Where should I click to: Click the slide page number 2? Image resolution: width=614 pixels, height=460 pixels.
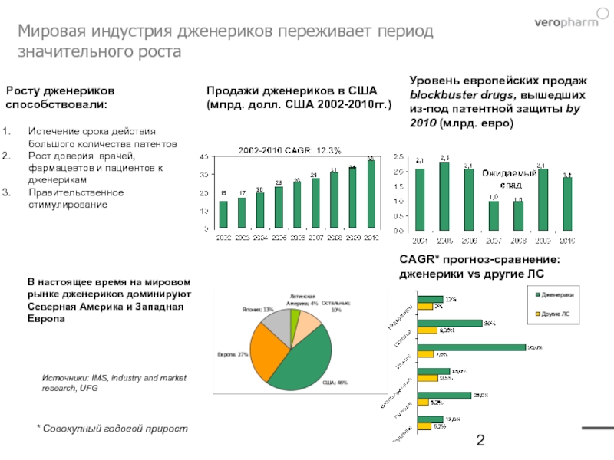pyautogui.click(x=481, y=440)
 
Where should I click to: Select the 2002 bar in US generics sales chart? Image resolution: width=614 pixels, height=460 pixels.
pyautogui.click(x=223, y=215)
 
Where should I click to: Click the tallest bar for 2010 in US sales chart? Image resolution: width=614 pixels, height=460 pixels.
pyautogui.click(x=371, y=195)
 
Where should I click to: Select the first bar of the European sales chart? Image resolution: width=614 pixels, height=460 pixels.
pyautogui.click(x=420, y=199)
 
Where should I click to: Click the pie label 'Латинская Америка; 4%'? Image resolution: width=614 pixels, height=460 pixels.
pyautogui.click(x=303, y=298)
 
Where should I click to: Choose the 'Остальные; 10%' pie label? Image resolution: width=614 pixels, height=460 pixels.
pyautogui.click(x=336, y=306)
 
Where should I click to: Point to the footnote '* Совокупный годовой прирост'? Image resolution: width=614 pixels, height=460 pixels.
pyautogui.click(x=112, y=428)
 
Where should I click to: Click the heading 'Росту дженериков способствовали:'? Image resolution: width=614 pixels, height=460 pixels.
pyautogui.click(x=61, y=97)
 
